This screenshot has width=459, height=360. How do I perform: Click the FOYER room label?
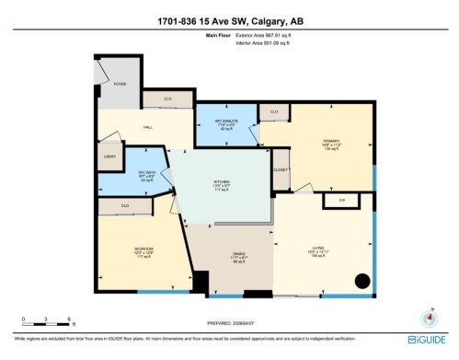click(x=120, y=84)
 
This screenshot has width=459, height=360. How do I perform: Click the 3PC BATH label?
click(x=144, y=173)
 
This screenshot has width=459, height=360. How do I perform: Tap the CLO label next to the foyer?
click(x=168, y=98)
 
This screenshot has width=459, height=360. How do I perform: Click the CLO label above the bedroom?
click(x=125, y=206)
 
